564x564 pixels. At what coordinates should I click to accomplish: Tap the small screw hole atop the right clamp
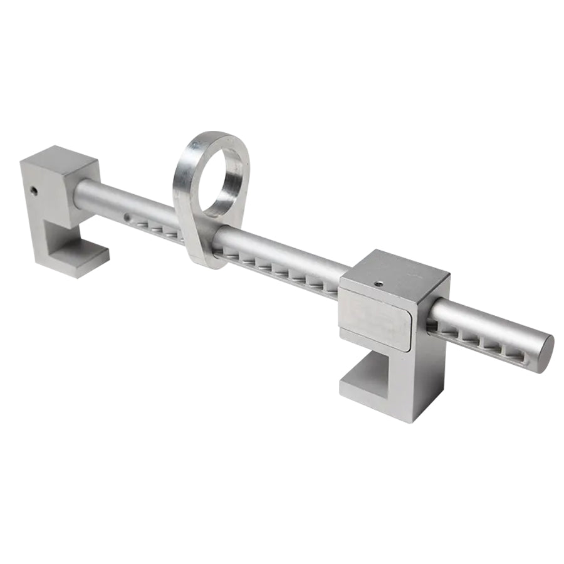pyautogui.click(x=379, y=283)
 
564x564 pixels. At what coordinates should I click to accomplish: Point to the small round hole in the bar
pyautogui.click(x=127, y=217)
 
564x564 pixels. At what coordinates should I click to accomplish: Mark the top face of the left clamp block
pyautogui.click(x=60, y=157)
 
